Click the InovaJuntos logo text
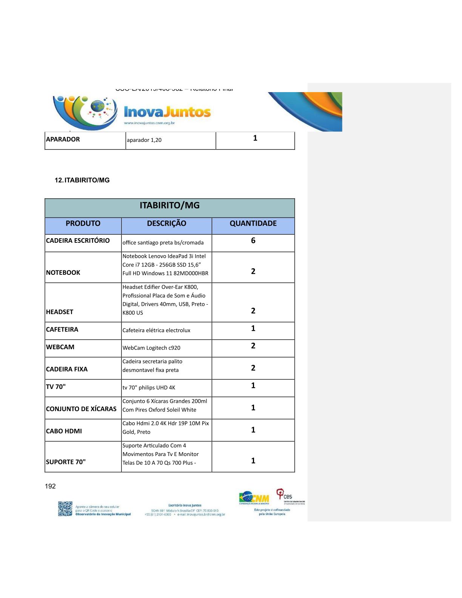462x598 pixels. click(x=167, y=112)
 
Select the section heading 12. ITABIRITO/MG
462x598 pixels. click(x=82, y=180)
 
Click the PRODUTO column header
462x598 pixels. click(x=83, y=223)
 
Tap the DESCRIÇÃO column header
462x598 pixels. click(x=166, y=223)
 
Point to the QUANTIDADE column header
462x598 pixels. click(x=253, y=223)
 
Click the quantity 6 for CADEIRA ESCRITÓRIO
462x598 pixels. click(x=253, y=240)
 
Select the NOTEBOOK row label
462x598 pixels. click(x=63, y=273)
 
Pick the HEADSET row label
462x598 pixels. click(x=60, y=312)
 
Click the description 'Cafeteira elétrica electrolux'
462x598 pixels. click(x=156, y=330)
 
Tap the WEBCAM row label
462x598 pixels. click(x=60, y=347)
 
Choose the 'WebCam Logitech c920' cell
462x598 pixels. click(x=151, y=348)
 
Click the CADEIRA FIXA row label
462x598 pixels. click(x=67, y=369)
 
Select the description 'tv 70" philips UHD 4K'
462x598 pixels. click(x=149, y=388)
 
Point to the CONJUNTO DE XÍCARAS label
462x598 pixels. click(x=81, y=409)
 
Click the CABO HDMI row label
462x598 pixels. click(x=64, y=431)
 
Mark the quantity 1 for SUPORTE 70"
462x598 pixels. click(x=253, y=461)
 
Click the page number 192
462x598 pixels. click(x=50, y=486)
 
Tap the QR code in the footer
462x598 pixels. click(x=65, y=509)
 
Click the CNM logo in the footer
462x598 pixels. click(x=254, y=498)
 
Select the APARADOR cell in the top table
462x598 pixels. click(x=63, y=139)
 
